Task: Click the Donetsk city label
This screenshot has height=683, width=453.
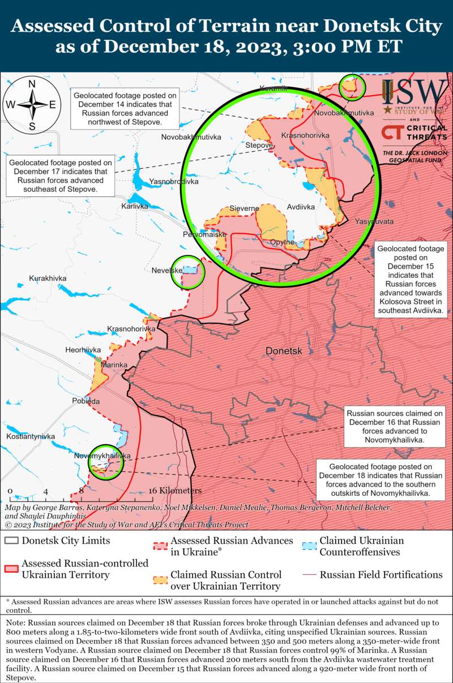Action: click(x=284, y=351)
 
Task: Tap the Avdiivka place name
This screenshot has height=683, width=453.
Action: click(x=301, y=207)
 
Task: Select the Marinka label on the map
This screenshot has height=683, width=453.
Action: click(x=114, y=365)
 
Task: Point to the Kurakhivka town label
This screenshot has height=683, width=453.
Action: click(x=48, y=278)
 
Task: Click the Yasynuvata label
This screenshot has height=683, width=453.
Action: click(x=374, y=221)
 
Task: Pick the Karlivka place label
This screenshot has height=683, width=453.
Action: click(x=135, y=207)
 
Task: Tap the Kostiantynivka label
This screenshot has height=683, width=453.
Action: click(x=31, y=437)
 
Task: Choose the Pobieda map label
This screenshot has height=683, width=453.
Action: click(x=86, y=401)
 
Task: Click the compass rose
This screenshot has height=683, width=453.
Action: click(x=32, y=105)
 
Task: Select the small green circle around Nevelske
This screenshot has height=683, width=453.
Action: click(x=187, y=272)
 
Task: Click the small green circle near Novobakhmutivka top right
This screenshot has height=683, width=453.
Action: click(x=352, y=88)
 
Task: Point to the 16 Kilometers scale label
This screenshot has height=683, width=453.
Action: click(x=175, y=491)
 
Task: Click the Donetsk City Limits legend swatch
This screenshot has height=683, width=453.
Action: click(x=11, y=540)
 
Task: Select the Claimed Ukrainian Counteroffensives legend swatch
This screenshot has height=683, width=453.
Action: click(x=309, y=546)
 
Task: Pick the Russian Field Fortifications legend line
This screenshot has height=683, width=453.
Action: click(x=309, y=575)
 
